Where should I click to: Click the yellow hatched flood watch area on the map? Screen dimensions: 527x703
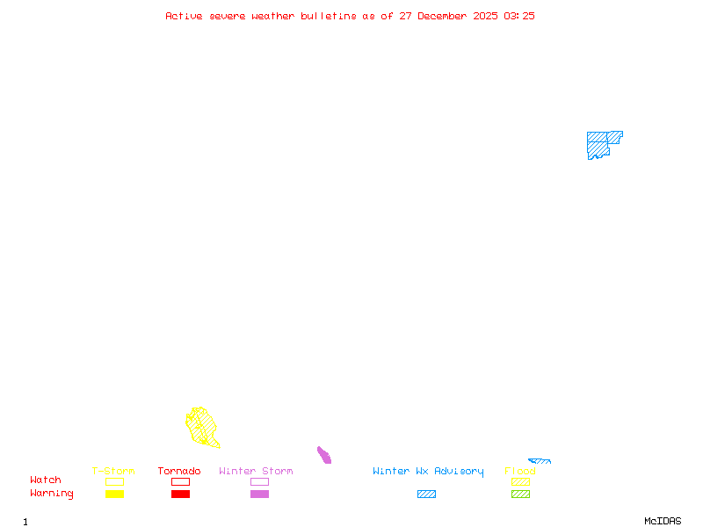coord(202,427)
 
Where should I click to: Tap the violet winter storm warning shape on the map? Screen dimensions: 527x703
coord(324,455)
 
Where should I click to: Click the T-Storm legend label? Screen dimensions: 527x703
coord(113,472)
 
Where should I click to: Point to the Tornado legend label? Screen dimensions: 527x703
coord(179,472)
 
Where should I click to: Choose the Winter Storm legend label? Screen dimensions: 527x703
coord(256,472)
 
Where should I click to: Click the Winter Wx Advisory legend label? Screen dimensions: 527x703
coord(428,472)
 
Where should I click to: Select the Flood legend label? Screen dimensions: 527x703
coord(520,472)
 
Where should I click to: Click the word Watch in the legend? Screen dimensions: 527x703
coord(46,480)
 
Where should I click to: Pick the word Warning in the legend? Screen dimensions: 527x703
coord(51,494)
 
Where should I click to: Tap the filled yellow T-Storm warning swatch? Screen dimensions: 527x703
coord(114,495)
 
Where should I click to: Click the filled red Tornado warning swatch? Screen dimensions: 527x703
coord(180,495)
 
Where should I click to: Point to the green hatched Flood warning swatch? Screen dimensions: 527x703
coord(520,495)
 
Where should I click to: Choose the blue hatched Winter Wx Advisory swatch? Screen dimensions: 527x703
coord(426,495)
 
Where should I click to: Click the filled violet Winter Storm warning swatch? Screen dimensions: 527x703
coord(259,495)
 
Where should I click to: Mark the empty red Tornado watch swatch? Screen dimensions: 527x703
coord(180,481)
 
